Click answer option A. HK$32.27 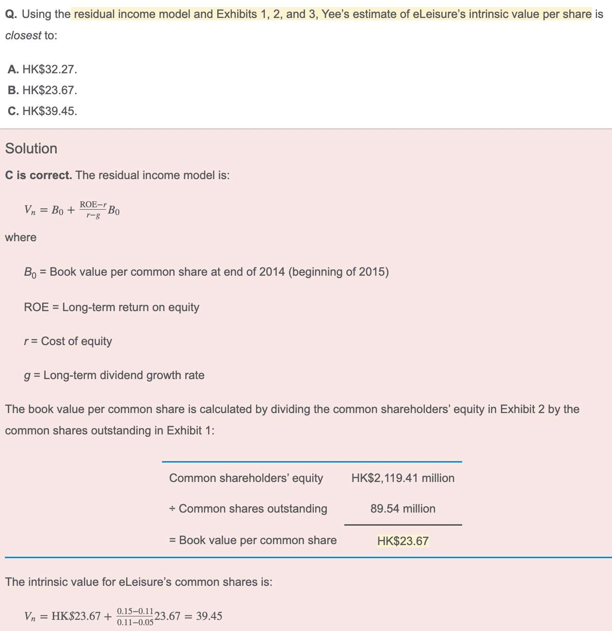(43, 69)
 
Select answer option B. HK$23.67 (43, 90)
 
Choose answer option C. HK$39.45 (43, 111)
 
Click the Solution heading (31, 149)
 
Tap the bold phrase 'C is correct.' (38, 175)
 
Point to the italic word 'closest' (23, 35)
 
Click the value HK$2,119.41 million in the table (403, 478)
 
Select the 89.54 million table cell (403, 509)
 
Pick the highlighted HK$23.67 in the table (403, 541)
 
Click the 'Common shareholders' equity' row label (246, 478)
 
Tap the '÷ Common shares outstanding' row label (248, 509)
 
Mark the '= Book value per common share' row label (253, 540)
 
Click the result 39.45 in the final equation (209, 616)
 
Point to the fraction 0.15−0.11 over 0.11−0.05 (135, 616)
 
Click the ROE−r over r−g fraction (93, 210)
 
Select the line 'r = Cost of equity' (68, 341)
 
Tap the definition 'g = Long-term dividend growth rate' (114, 375)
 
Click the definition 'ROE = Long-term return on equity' (112, 307)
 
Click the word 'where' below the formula (21, 237)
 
